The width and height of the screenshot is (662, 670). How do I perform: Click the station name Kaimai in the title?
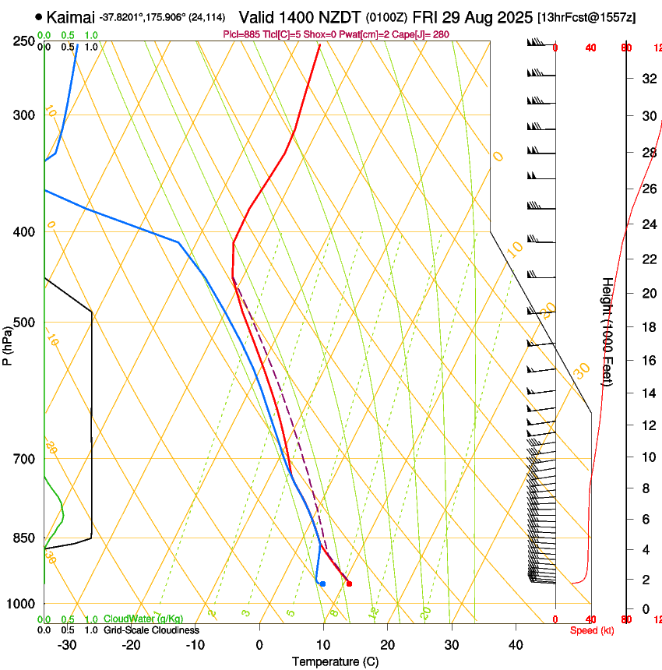[x=71, y=17]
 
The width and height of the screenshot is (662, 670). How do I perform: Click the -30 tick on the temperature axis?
[x=67, y=644]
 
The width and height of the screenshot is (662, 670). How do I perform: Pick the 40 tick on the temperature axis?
[x=515, y=644]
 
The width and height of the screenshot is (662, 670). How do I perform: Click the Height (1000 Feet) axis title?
[x=607, y=331]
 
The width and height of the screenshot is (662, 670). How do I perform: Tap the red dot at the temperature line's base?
[x=349, y=584]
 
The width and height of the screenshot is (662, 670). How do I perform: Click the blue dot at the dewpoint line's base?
[x=322, y=584]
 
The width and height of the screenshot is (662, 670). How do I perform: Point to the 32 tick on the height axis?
[x=647, y=79]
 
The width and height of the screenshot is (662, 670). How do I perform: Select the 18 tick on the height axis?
[x=647, y=327]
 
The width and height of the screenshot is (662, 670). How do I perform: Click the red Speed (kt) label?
[x=592, y=630]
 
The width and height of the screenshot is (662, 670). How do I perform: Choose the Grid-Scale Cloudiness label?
[x=151, y=629]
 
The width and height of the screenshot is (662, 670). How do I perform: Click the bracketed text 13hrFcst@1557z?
[x=586, y=17]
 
